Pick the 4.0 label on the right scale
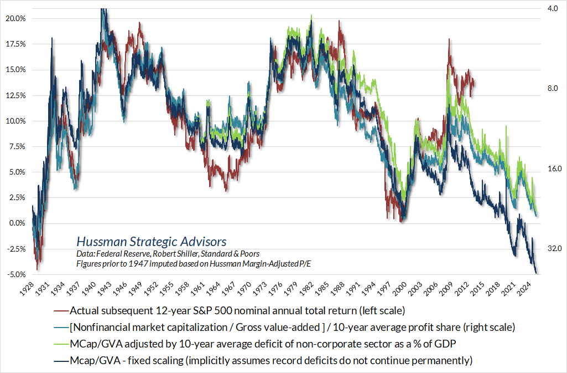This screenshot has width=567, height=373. pyautogui.click(x=553, y=9)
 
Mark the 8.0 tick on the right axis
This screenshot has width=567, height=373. pyautogui.click(x=553, y=89)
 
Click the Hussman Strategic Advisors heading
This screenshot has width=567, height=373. pyautogui.click(x=151, y=242)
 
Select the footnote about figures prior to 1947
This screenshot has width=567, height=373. pyautogui.click(x=194, y=264)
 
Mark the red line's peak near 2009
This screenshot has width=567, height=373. pyautogui.click(x=449, y=40)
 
